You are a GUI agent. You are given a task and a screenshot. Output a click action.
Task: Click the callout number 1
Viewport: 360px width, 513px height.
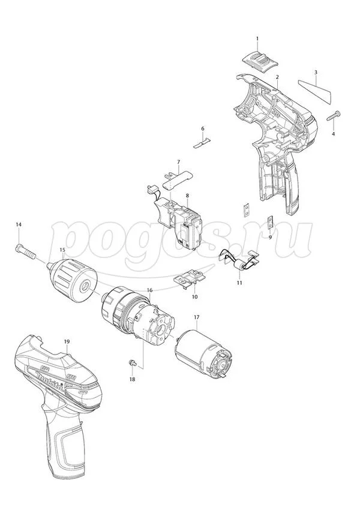257,38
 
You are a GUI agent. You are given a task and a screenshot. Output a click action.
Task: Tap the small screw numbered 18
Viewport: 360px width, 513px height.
132,362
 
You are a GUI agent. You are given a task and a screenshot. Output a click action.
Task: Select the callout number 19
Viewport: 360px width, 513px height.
67,341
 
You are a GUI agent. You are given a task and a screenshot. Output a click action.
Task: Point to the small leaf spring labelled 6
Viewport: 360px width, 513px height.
202,143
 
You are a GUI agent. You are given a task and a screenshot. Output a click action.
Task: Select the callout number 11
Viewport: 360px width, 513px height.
239,283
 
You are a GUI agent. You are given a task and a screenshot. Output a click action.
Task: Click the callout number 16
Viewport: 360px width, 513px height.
150,290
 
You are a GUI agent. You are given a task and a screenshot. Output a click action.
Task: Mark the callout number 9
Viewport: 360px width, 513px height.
270,238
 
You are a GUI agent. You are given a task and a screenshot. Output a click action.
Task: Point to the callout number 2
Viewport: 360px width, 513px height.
277,77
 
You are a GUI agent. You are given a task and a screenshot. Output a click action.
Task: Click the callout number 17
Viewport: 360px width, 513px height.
196,317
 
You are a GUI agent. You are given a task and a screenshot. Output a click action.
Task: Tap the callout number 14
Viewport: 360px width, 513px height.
19,224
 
